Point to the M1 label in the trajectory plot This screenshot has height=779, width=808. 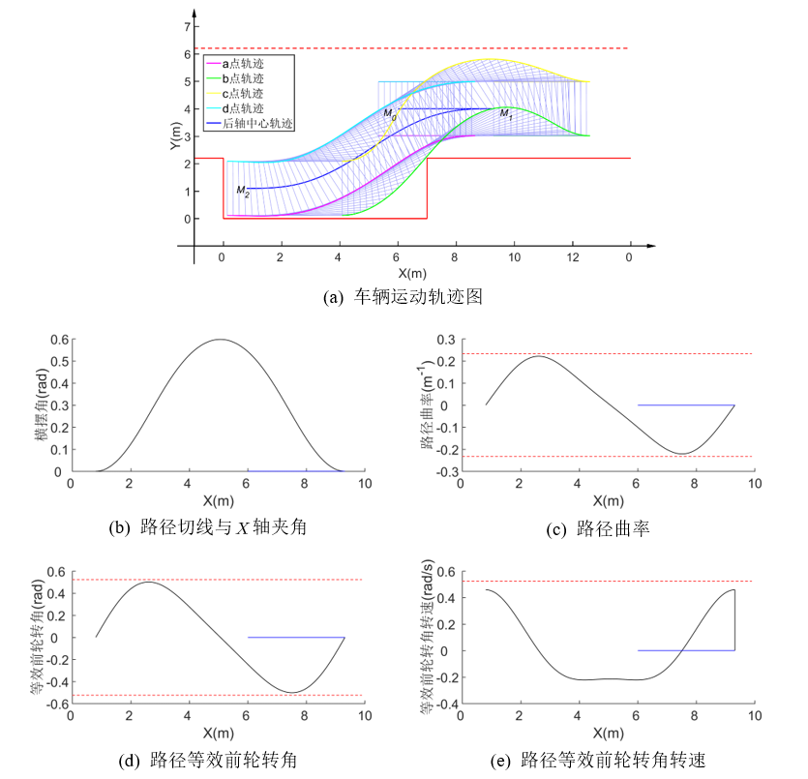click(x=504, y=114)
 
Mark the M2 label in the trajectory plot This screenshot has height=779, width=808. click(x=242, y=191)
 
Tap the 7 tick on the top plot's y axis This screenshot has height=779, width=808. click(x=176, y=27)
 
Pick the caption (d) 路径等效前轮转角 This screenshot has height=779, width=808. click(x=207, y=761)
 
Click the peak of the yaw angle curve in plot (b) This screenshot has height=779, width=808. click(x=222, y=340)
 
